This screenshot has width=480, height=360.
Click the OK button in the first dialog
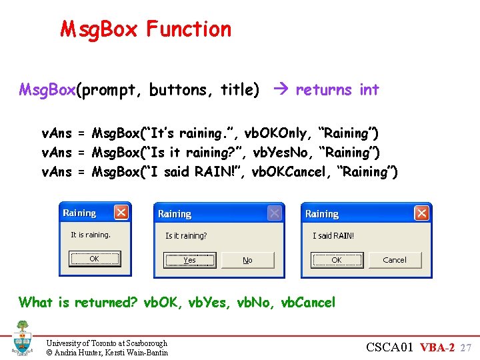click(x=94, y=259)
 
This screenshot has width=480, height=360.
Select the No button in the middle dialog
click(x=247, y=260)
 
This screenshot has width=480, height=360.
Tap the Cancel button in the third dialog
click(x=395, y=260)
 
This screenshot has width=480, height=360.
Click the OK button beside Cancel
click(x=337, y=260)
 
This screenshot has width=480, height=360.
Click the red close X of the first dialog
click(x=121, y=213)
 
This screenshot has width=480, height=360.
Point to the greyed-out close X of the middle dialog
click(x=274, y=213)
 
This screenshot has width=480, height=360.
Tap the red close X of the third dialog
click(x=421, y=213)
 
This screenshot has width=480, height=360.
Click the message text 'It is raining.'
click(x=91, y=235)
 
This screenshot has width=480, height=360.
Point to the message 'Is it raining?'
click(x=186, y=236)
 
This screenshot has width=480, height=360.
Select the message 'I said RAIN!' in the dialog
click(x=333, y=236)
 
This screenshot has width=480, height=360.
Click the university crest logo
click(x=22, y=338)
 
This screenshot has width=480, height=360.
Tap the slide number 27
click(x=466, y=347)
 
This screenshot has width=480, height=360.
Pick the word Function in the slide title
click(x=189, y=29)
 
